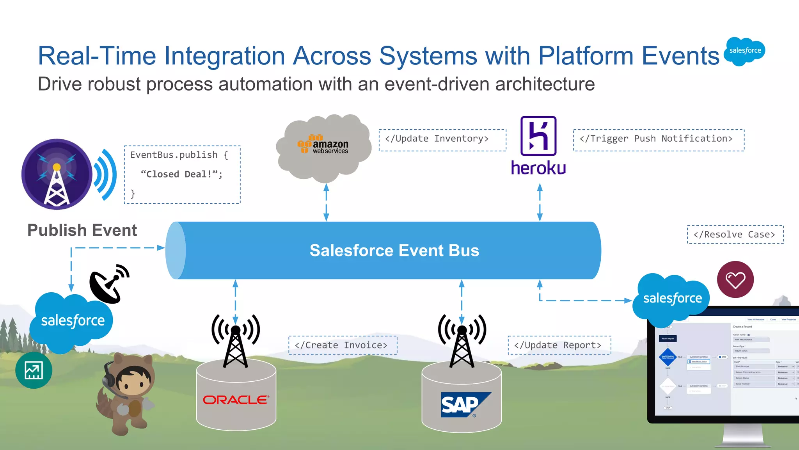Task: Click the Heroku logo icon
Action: (538, 136)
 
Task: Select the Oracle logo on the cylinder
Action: (236, 400)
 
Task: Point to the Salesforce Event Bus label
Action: (394, 251)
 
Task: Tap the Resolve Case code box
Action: (735, 235)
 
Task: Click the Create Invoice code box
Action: (343, 345)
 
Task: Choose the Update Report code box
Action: (559, 345)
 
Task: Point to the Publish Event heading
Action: (82, 230)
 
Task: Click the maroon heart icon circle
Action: (735, 279)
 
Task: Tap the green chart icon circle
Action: (34, 370)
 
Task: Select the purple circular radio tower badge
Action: (57, 174)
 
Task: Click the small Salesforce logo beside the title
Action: (744, 51)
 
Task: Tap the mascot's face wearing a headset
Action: (133, 383)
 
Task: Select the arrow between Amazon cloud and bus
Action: (327, 202)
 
